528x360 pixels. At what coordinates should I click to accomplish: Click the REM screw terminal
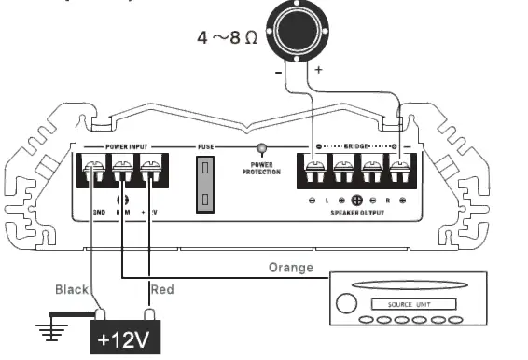[121, 173]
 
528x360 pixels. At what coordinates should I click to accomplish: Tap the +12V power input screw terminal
[150, 173]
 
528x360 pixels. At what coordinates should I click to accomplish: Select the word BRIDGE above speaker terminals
[356, 147]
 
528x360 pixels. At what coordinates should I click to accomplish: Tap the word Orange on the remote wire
[290, 268]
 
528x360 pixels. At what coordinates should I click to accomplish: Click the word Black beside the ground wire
[73, 289]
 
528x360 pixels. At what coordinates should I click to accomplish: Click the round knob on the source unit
[345, 304]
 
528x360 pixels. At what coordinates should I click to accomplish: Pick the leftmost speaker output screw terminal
[314, 173]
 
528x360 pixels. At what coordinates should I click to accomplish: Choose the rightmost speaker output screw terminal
[399, 173]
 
